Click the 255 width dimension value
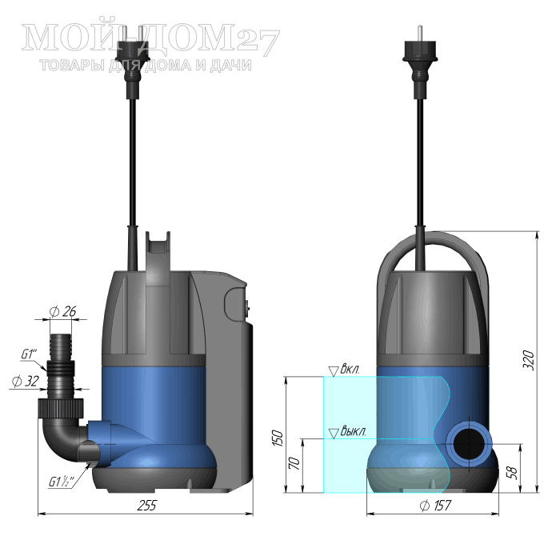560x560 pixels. (x=147, y=506)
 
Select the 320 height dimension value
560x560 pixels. (x=528, y=361)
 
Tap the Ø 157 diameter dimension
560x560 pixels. (x=435, y=506)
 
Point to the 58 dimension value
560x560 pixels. (x=512, y=473)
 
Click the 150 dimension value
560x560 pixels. (x=278, y=438)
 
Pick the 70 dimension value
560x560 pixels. (x=294, y=463)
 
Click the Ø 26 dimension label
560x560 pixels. (x=62, y=311)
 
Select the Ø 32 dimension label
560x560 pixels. (x=25, y=381)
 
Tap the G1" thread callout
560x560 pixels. (x=29, y=354)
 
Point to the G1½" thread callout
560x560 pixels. (x=61, y=482)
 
